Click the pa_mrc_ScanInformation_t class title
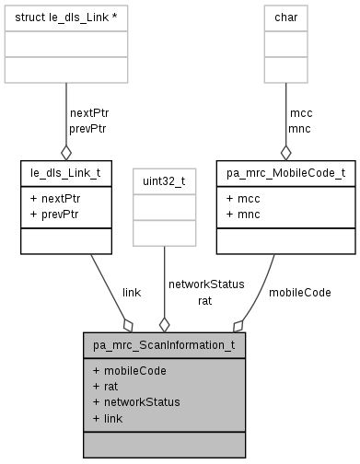click(164, 346)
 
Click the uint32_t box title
click(164, 181)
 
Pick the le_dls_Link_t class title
click(66, 171)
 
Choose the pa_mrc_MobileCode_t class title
click(285, 171)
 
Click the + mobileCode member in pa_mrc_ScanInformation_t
click(130, 370)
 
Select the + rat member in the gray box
click(105, 386)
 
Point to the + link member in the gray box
click(108, 417)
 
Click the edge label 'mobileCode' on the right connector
click(299, 292)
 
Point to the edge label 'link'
click(131, 292)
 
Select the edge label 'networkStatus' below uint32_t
click(205, 284)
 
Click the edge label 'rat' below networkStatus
click(204, 299)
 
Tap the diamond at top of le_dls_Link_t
click(66, 151)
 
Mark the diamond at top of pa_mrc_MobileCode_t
click(286, 151)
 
